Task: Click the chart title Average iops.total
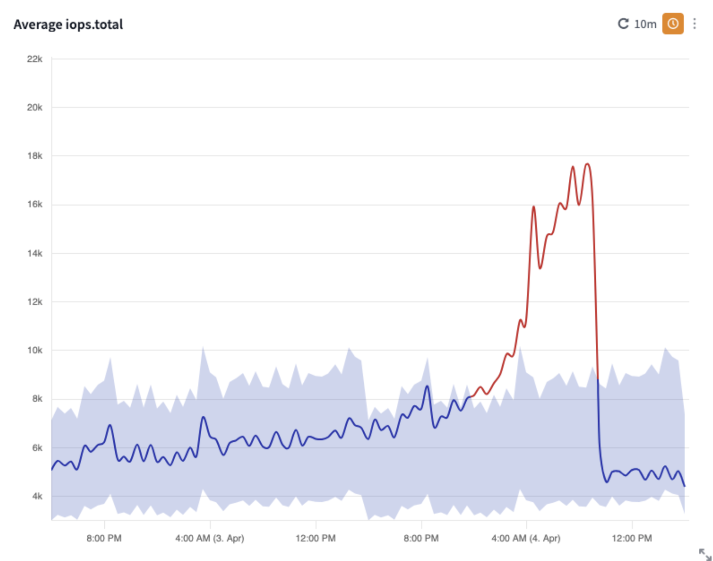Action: (x=68, y=25)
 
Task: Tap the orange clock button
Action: (x=672, y=24)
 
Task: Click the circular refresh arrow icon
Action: (x=623, y=24)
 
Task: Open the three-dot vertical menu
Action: (x=695, y=24)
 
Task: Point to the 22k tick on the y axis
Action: (x=34, y=59)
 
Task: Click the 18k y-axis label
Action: (x=34, y=156)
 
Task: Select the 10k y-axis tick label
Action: (x=34, y=350)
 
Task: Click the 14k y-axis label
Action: (x=34, y=253)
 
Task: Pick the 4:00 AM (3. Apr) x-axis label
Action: (x=209, y=538)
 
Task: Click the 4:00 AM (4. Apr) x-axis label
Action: (x=526, y=538)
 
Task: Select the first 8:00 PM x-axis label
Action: (x=104, y=538)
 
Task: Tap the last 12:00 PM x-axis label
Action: (x=631, y=538)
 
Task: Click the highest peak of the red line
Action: (x=587, y=164)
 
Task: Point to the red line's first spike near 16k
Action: (x=534, y=207)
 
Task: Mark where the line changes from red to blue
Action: (x=598, y=379)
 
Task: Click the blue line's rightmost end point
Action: (x=684, y=486)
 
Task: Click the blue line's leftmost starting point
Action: (x=52, y=470)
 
